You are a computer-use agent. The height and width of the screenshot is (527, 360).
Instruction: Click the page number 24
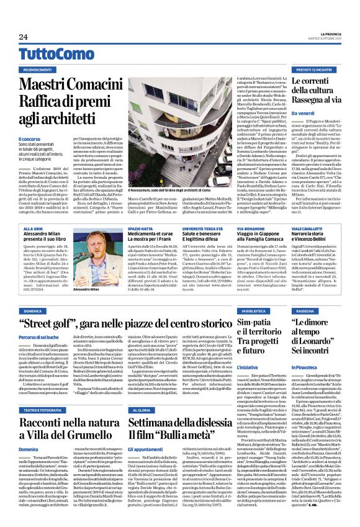(23, 37)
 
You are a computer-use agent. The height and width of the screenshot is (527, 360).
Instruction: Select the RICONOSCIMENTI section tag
(38, 70)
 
